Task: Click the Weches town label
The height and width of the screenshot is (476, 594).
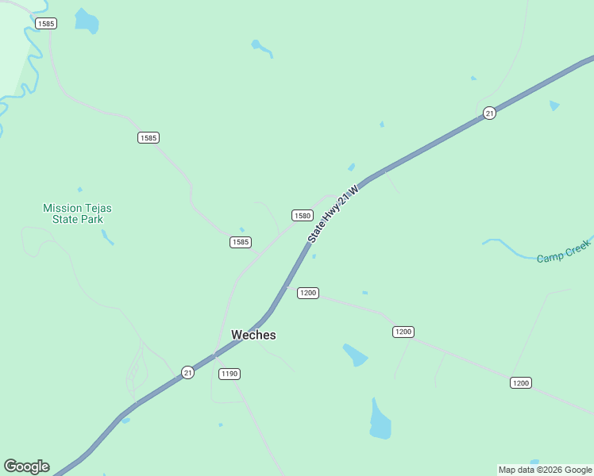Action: coord(253,335)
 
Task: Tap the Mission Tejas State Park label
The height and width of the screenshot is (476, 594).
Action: coord(77,213)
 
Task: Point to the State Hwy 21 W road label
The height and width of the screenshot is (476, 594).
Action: coord(334,213)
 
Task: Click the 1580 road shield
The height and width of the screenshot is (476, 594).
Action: coord(302,215)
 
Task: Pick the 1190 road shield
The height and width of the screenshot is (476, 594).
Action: coord(229,374)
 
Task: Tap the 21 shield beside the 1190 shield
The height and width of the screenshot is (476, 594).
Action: coord(187,372)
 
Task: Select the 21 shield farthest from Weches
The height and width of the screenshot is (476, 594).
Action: coord(489,113)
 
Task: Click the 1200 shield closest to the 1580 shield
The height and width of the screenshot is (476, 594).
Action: coord(308,293)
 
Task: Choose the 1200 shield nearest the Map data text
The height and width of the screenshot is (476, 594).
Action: coord(520,383)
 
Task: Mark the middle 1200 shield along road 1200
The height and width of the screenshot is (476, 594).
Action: coord(403,332)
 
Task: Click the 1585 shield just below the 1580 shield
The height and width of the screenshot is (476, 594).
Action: coord(241,242)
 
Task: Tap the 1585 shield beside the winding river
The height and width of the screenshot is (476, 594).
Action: coord(46,24)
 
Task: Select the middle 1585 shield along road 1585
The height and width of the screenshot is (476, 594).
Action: coord(148,138)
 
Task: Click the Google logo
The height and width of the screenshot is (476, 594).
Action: coord(26,466)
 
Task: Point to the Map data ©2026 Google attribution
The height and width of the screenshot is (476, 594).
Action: coord(545,470)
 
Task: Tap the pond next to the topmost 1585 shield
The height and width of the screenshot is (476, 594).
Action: coord(86,21)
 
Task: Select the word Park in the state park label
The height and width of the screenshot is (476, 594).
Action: coord(92,219)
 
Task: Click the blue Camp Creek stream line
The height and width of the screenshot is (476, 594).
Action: coord(516,251)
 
